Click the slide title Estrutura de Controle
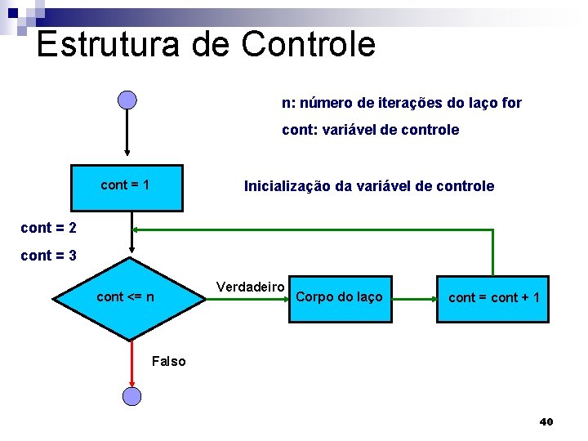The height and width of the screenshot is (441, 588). [x=206, y=44]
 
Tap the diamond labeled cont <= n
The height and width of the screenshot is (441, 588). [x=129, y=298]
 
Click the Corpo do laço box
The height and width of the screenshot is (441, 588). [x=339, y=298]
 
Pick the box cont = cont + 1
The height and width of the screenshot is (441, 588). [x=493, y=298]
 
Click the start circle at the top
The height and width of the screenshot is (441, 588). [x=127, y=100]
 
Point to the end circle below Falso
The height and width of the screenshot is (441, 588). [x=131, y=397]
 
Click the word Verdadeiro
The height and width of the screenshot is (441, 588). [x=250, y=287]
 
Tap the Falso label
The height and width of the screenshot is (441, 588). [x=169, y=361]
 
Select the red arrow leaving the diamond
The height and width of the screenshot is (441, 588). [x=131, y=363]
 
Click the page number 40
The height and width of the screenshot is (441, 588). [x=546, y=421]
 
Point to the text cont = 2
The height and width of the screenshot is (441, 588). [x=48, y=228]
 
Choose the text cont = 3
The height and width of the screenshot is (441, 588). [x=48, y=256]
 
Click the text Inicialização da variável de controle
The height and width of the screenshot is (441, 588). [x=369, y=186]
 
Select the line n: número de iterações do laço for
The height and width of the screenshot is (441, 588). [x=402, y=103]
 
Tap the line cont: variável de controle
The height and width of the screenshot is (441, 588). [x=370, y=130]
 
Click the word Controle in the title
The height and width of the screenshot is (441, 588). [x=309, y=44]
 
